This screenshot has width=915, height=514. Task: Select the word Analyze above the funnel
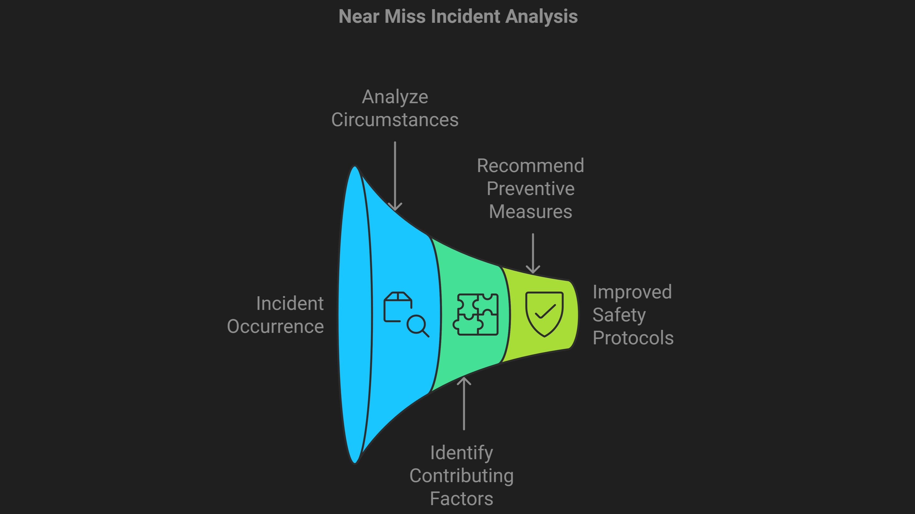(x=395, y=97)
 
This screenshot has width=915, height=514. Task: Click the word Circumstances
(x=395, y=120)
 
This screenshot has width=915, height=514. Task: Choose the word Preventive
(x=530, y=189)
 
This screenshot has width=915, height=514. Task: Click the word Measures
(x=530, y=212)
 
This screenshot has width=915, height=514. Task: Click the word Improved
(x=632, y=292)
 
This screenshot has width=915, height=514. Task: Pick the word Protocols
(x=633, y=338)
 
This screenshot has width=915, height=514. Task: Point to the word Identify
(x=461, y=453)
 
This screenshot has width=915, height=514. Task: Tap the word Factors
(x=461, y=499)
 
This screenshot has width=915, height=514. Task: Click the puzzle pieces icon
(x=476, y=314)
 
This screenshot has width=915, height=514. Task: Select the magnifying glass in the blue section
(x=417, y=325)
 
